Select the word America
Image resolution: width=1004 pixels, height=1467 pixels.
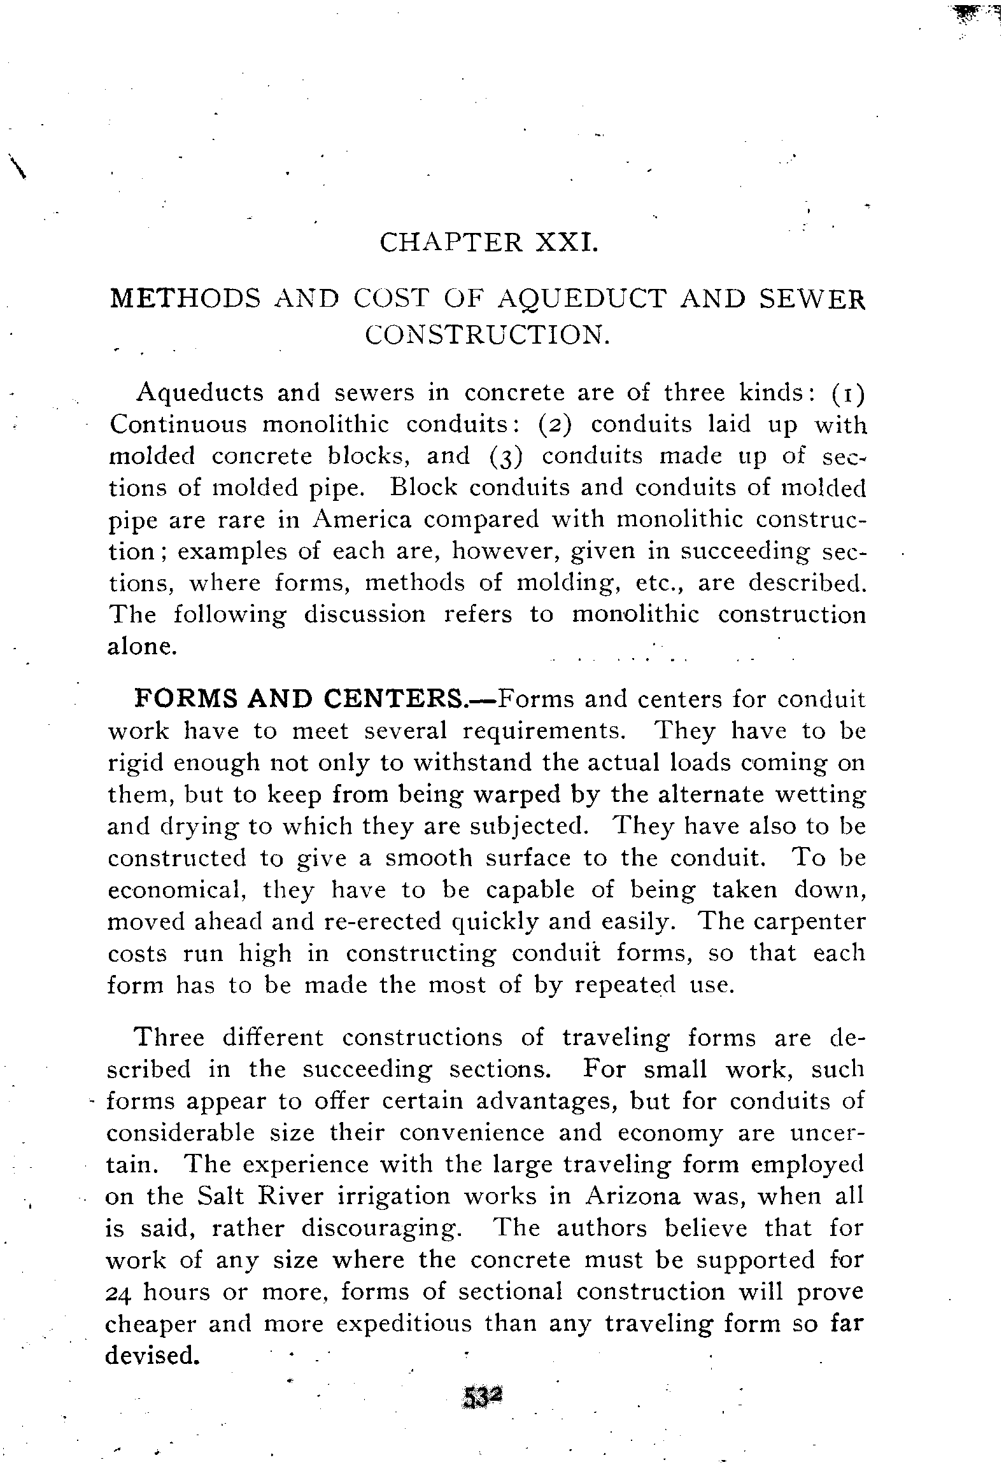pos(362,520)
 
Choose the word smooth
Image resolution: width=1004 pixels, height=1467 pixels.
pos(428,858)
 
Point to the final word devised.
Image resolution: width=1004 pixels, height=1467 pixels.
pos(151,1356)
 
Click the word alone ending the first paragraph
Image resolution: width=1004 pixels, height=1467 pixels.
pos(140,647)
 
